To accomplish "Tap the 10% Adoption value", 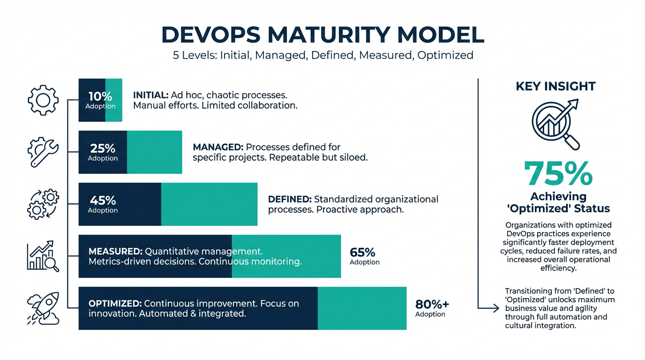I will click(x=100, y=100).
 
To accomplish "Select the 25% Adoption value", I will click(x=103, y=152).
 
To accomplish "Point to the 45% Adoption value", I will click(x=103, y=204).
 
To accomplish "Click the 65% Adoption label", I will click(x=364, y=256).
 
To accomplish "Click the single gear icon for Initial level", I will click(x=43, y=100).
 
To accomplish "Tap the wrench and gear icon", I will click(x=43, y=152).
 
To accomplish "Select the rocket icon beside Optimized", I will click(x=43, y=308).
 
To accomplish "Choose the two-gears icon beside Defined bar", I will click(x=43, y=204).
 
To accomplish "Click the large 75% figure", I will click(x=558, y=174).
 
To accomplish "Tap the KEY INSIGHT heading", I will click(x=555, y=86).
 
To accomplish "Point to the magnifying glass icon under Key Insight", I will click(x=556, y=123).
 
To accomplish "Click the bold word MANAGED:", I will click(x=218, y=147).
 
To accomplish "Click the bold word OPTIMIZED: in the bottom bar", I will click(x=115, y=303).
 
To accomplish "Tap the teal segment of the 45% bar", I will click(x=209, y=204).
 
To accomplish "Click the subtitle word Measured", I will click(x=384, y=55).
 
